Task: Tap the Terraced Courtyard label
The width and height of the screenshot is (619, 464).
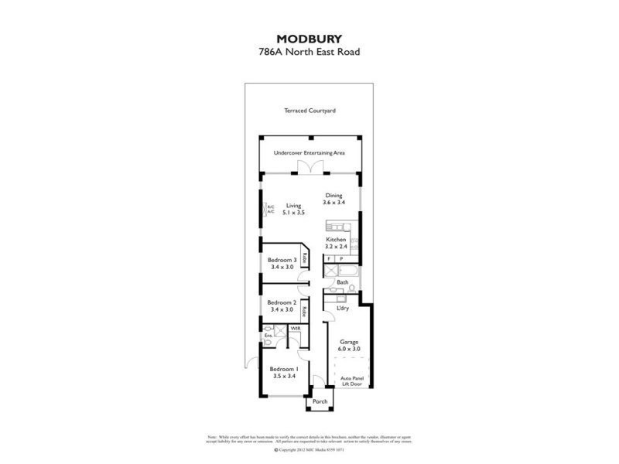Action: pos(309,111)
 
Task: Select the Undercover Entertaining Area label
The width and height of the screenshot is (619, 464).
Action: pos(309,153)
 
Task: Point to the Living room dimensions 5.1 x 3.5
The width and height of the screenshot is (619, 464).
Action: pos(293,213)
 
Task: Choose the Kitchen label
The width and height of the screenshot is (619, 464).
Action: pos(335,240)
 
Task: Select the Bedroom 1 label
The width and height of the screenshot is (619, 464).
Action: pos(283,370)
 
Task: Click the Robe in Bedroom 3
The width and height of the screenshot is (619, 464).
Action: pos(306,260)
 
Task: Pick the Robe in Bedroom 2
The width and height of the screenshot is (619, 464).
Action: pos(305,312)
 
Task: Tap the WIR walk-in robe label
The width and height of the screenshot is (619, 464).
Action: pos(295,329)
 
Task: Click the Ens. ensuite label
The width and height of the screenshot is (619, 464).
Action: pos(268,336)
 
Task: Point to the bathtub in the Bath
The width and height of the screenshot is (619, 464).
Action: pos(340,271)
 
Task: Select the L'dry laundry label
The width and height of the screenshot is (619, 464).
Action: pos(342,309)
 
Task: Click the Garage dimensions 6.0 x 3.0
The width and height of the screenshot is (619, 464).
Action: pos(349,349)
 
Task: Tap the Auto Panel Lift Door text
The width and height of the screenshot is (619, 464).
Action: pos(351,381)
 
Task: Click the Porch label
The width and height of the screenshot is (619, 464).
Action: pos(319,402)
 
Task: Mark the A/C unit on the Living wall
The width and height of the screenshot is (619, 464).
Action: pos(270,209)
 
